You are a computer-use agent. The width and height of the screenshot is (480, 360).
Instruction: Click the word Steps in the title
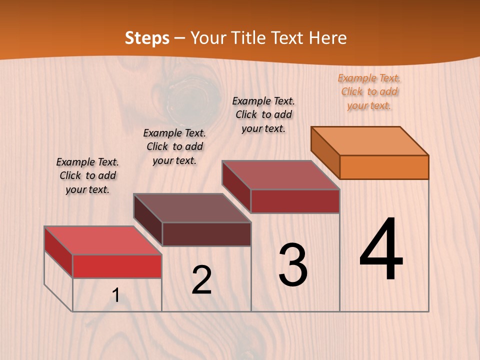click(147, 38)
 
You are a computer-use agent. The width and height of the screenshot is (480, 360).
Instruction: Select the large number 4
click(381, 250)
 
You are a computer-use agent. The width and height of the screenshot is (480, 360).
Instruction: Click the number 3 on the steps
click(293, 265)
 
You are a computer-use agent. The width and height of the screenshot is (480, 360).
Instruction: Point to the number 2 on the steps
click(201, 280)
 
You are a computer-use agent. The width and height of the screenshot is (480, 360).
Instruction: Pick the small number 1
click(116, 295)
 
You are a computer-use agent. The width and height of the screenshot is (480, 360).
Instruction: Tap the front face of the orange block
click(384, 167)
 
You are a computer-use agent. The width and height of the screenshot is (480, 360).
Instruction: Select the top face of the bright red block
click(103, 240)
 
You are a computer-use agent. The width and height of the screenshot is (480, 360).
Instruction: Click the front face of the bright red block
click(117, 266)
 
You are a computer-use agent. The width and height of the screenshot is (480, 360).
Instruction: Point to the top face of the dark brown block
click(192, 208)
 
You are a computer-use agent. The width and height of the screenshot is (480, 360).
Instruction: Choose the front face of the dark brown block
click(206, 234)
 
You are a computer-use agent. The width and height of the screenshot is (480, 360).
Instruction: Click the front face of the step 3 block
click(295, 201)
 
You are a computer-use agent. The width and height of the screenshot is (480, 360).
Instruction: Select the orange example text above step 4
click(369, 91)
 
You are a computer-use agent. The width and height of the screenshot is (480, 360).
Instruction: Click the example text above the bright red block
click(87, 175)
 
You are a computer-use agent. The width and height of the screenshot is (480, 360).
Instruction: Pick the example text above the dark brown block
click(174, 146)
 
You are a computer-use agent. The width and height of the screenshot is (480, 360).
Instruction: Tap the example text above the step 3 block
click(263, 114)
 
